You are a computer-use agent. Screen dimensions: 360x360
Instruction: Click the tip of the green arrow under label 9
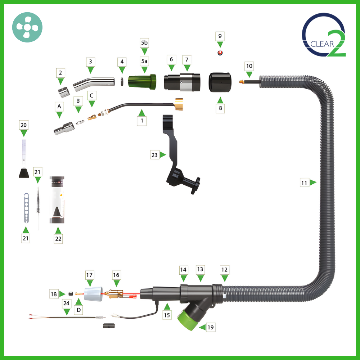coord(220,48)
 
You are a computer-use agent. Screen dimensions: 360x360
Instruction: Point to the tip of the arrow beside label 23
coord(166,155)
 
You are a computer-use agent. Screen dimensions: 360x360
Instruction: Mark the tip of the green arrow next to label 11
coord(316,183)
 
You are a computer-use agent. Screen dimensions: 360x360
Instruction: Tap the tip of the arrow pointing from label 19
coord(199,327)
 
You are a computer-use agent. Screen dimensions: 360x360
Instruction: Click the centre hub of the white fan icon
coord(27,27)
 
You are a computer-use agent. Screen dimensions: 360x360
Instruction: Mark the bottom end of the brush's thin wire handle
coord(38,230)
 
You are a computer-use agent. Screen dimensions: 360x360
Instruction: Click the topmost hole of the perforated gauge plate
coord(26,196)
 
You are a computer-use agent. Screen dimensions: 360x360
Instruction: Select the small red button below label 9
coord(220,53)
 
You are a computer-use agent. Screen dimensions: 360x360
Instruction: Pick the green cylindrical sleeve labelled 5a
coord(142,82)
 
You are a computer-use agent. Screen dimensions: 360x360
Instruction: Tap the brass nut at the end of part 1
coord(179,104)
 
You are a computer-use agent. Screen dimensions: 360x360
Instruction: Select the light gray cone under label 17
coord(93,294)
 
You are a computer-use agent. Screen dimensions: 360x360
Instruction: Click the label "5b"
coord(144,43)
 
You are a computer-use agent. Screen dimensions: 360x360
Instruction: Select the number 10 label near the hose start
coord(249,66)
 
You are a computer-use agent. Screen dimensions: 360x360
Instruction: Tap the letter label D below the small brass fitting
coord(78,310)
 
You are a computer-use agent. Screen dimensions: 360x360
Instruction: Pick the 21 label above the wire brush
coord(37,172)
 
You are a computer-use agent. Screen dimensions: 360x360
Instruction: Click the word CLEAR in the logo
coord(322,44)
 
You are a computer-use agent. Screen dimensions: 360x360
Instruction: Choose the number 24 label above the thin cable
coord(66,303)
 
